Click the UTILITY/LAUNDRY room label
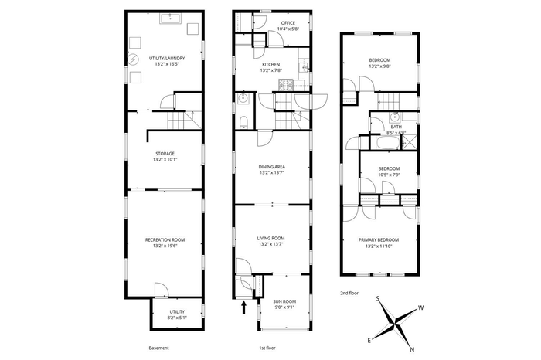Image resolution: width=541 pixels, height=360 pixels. click(x=167, y=59)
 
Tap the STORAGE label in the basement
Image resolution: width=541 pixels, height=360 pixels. click(x=165, y=154)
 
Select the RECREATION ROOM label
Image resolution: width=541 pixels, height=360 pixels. click(x=165, y=240)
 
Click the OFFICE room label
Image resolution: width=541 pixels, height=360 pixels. click(x=288, y=23)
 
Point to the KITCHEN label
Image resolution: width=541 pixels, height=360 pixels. click(x=271, y=64)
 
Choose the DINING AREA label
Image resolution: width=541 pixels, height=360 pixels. click(x=271, y=167)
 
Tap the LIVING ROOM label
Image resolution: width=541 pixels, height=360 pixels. click(x=270, y=238)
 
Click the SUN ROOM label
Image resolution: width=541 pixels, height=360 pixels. click(x=285, y=301)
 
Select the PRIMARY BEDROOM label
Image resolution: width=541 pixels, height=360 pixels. click(x=379, y=240)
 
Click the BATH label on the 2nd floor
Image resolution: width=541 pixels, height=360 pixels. click(x=396, y=127)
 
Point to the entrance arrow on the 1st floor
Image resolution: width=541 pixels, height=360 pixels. click(x=244, y=307)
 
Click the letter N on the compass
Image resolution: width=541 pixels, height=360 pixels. click(x=412, y=350)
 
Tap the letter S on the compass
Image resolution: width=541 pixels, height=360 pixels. click(x=378, y=299)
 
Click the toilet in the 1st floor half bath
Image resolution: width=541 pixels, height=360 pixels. click(x=243, y=122)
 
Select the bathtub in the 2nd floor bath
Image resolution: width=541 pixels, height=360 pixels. click(x=388, y=143)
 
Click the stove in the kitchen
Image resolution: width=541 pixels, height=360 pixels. click(x=286, y=85)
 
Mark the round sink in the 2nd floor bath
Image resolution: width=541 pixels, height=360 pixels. click(x=395, y=117)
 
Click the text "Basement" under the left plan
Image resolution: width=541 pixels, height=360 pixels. click(x=158, y=348)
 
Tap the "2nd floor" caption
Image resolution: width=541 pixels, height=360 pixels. click(x=349, y=293)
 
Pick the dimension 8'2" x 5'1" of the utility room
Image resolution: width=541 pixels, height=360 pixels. click(x=177, y=318)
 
